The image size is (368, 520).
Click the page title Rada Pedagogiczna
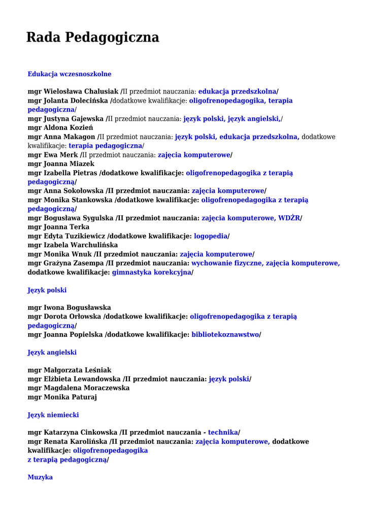tap(92, 37)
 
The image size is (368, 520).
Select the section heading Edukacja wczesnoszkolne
tap(69, 74)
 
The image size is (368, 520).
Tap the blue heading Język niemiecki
tap(53, 415)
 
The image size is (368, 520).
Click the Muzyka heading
tap(40, 477)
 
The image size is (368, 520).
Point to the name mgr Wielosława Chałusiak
tap(73, 91)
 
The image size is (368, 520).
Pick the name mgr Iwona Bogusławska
tap(69, 308)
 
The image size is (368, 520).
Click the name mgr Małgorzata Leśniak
tap(70, 370)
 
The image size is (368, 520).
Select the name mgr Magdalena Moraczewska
tap(79, 388)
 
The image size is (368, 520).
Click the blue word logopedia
tap(211, 236)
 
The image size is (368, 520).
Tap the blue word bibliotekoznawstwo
tap(225, 335)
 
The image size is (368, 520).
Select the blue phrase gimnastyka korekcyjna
tap(152, 272)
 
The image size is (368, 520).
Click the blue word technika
tap(223, 433)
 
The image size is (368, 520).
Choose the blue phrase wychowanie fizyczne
tap(226, 263)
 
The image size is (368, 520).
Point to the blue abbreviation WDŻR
tap(289, 218)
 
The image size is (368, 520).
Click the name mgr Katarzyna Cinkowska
tap(73, 433)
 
